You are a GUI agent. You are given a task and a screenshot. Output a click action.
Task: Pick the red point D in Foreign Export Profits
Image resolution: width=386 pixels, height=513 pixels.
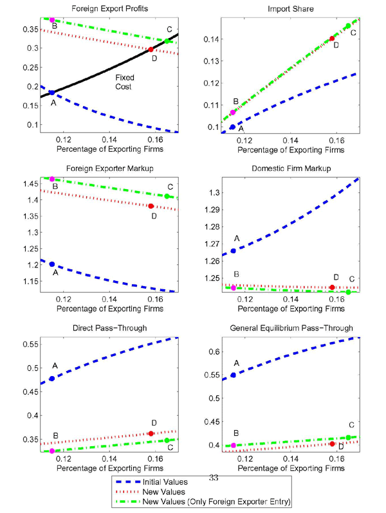[x=151, y=50]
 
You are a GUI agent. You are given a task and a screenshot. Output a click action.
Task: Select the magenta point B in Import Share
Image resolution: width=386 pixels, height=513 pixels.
[x=233, y=113]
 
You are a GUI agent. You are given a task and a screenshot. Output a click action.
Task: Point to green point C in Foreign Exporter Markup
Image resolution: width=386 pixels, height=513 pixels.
[x=167, y=196]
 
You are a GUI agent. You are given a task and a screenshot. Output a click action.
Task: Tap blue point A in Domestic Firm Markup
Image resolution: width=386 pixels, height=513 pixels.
[x=233, y=251]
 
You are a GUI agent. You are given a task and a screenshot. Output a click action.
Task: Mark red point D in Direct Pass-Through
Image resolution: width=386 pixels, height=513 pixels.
[x=151, y=434]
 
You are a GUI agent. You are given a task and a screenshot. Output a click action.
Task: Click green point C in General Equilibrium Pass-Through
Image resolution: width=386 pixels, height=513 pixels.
[x=348, y=438]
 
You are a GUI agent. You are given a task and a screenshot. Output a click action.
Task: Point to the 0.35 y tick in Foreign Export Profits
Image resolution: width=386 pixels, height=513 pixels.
[x=29, y=30]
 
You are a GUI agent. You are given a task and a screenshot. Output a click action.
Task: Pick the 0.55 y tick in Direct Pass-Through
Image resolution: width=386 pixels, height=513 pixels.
[x=29, y=345]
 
